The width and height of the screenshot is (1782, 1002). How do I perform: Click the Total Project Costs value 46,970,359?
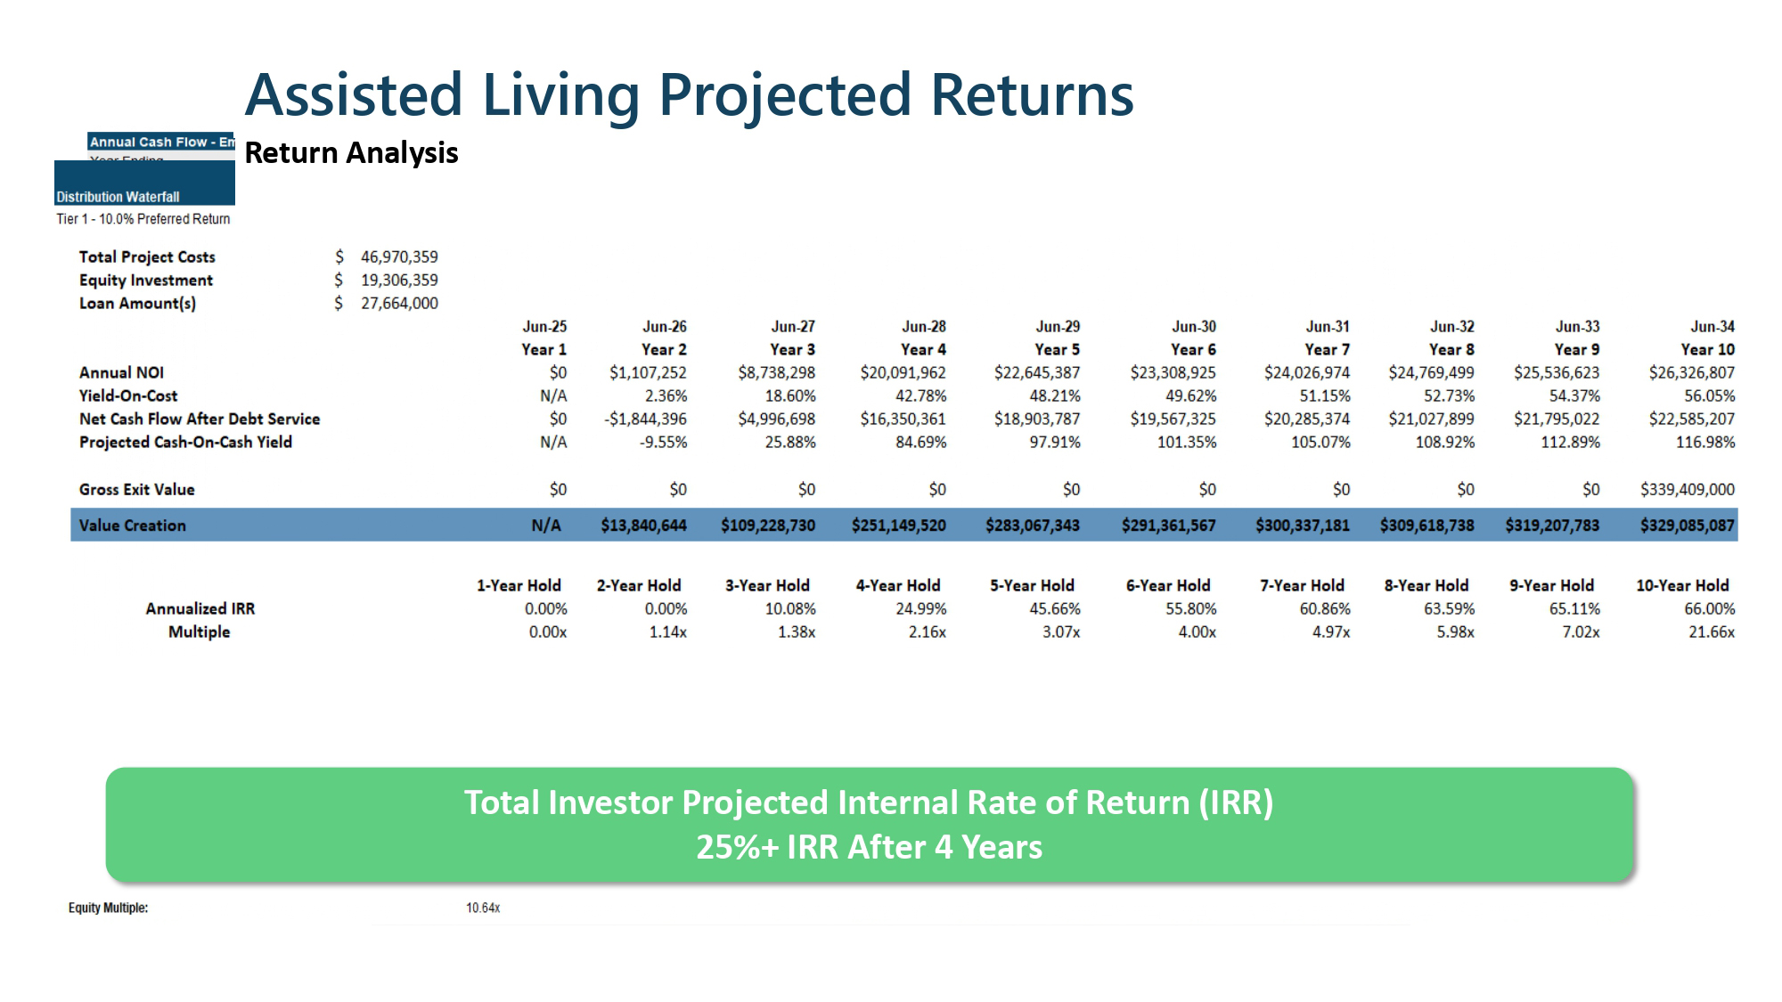(399, 257)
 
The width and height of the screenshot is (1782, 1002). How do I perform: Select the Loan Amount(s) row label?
(137, 303)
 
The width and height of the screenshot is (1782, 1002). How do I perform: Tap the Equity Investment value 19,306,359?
(399, 280)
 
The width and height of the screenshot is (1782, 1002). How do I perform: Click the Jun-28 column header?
(923, 327)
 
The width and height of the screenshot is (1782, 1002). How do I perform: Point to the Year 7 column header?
(1326, 349)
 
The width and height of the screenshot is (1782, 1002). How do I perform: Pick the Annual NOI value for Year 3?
(776, 372)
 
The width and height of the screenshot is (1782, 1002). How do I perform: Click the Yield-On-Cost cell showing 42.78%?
(920, 395)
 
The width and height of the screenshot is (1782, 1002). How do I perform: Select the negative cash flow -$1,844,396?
(645, 419)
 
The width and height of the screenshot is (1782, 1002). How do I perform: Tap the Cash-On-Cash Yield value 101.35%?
(1186, 442)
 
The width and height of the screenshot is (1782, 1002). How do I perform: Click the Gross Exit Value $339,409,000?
(1687, 489)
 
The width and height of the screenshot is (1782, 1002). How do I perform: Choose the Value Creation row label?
(132, 525)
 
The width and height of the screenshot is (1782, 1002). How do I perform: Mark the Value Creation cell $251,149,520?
(898, 525)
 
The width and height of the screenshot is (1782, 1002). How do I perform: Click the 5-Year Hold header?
(1032, 585)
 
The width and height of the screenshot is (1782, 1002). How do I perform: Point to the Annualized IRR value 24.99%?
(920, 608)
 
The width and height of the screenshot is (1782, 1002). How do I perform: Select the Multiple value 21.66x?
(1711, 631)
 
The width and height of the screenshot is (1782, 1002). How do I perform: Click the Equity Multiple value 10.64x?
(483, 908)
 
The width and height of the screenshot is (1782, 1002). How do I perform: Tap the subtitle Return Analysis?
(351, 153)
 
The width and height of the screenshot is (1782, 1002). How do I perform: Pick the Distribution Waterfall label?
(118, 197)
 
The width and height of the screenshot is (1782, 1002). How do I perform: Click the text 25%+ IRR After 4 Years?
(869, 846)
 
